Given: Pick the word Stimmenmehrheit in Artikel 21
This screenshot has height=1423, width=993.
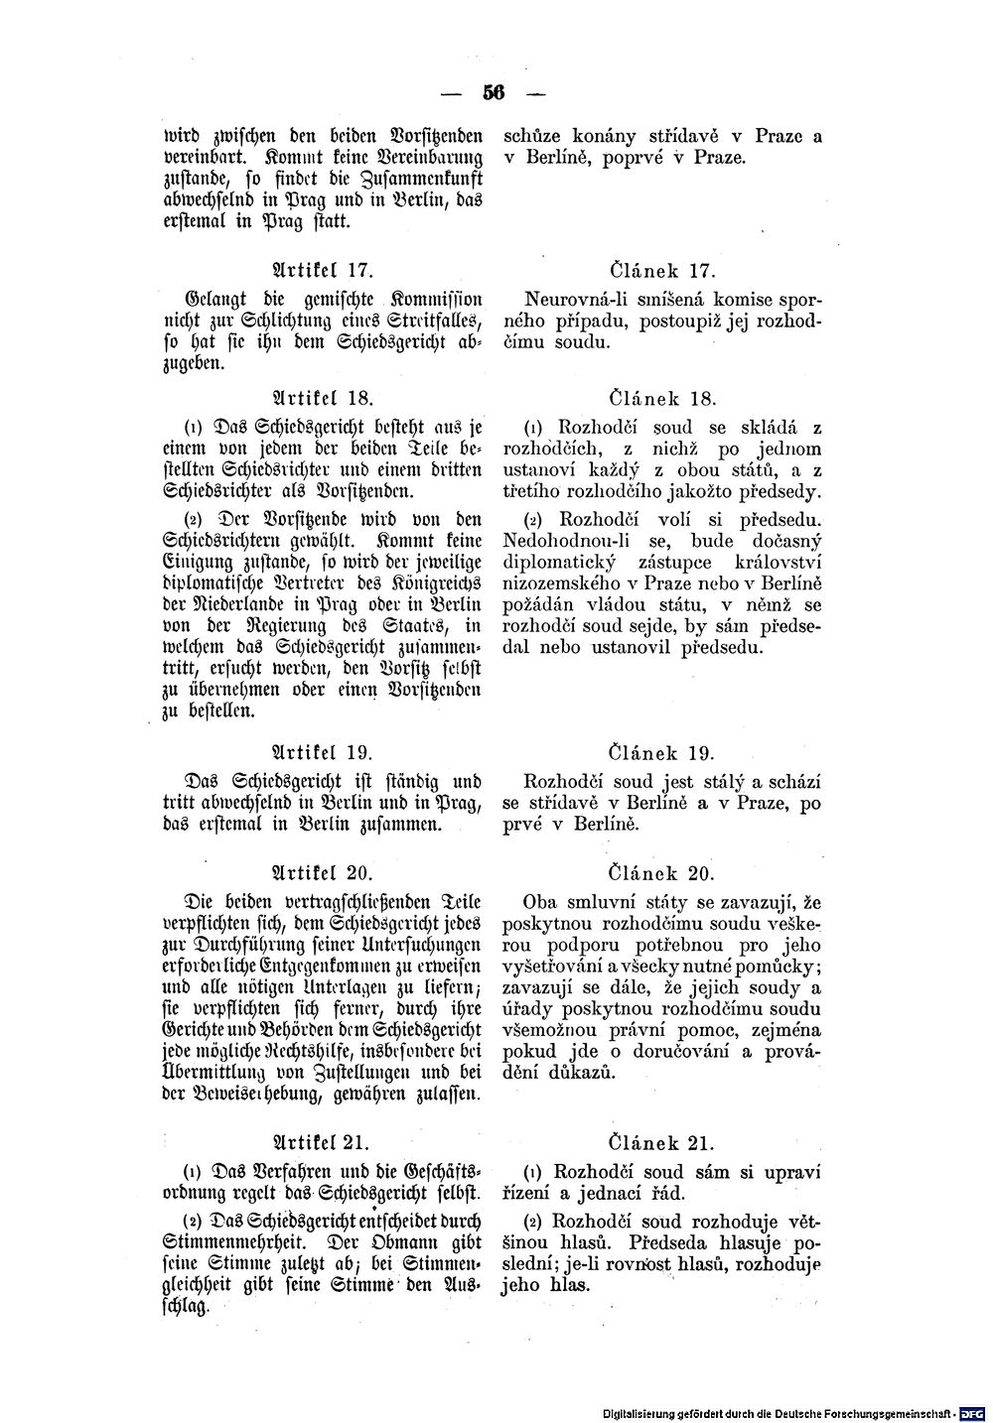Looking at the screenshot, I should pyautogui.click(x=230, y=1242).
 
